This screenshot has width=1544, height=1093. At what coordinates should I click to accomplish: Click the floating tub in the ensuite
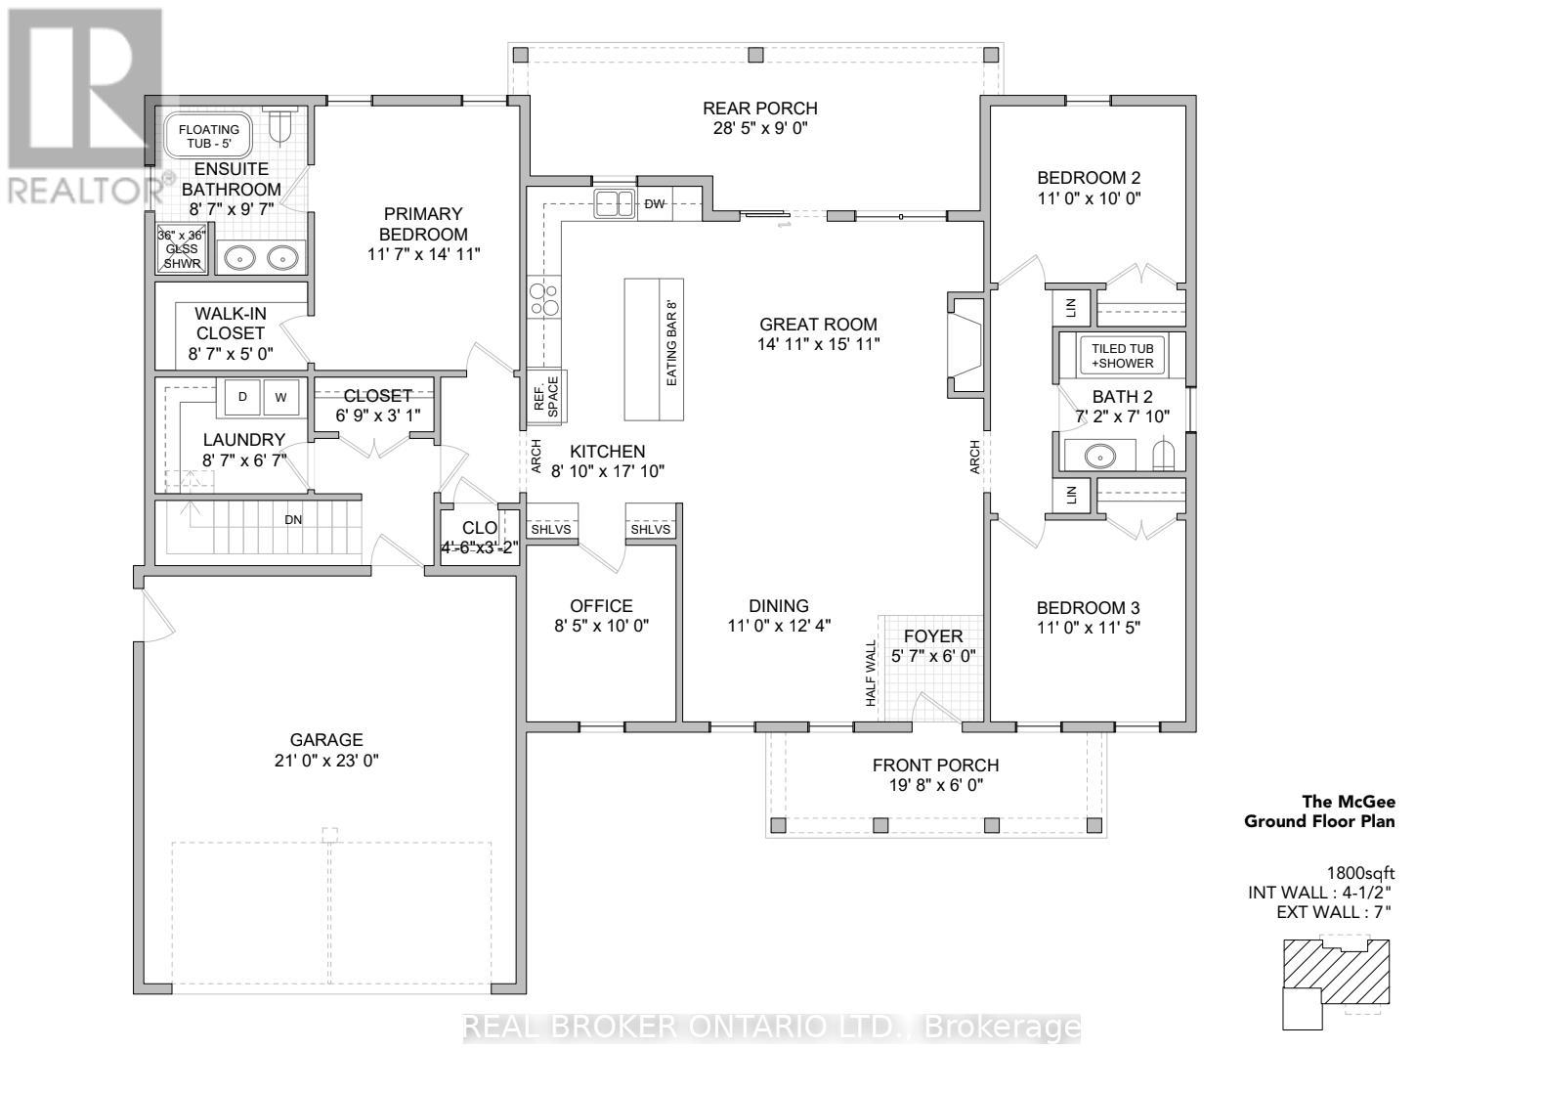pos(208,136)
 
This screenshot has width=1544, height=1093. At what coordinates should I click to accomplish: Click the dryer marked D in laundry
pos(242,397)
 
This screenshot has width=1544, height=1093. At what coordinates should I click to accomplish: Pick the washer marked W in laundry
pos(281,397)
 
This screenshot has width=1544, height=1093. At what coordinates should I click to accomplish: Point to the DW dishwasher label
pos(654,204)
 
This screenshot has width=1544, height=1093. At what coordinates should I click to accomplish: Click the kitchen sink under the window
pos(615,203)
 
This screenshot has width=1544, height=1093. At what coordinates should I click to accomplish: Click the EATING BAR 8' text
pos(671,343)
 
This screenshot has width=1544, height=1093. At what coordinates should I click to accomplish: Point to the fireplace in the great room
pos(965,345)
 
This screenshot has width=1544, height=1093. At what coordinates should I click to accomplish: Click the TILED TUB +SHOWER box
pos(1122,356)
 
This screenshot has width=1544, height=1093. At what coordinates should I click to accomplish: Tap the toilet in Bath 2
pos(1162,454)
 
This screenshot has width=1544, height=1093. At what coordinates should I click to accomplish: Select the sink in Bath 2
pos(1100,456)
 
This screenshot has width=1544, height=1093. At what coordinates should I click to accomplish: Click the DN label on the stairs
pos(293,519)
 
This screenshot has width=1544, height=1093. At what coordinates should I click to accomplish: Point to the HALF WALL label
pos(871,673)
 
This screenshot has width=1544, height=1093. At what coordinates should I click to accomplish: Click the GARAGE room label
pos(326,740)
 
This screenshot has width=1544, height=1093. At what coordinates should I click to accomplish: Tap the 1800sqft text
pos(1360,872)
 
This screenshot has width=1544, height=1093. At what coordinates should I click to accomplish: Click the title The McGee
pos(1349,802)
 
